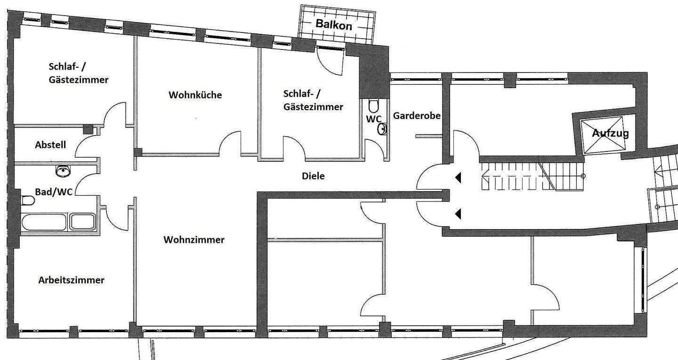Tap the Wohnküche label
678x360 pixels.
click(x=195, y=95)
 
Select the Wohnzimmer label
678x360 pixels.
click(x=194, y=240)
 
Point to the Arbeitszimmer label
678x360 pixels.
click(x=72, y=280)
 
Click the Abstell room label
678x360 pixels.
click(x=50, y=145)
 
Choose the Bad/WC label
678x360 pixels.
click(x=54, y=192)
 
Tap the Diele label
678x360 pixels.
click(x=313, y=176)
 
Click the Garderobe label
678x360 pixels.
click(x=417, y=116)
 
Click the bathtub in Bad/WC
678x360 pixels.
click(x=44, y=222)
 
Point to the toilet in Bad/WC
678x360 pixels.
click(x=28, y=200)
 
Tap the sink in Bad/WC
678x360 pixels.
click(x=63, y=171)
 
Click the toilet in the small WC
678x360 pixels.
click(x=374, y=106)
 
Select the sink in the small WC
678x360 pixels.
click(x=383, y=129)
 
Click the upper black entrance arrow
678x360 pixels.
click(x=458, y=177)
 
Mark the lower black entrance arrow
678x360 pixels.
click(x=458, y=214)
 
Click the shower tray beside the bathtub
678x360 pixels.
click(x=82, y=222)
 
